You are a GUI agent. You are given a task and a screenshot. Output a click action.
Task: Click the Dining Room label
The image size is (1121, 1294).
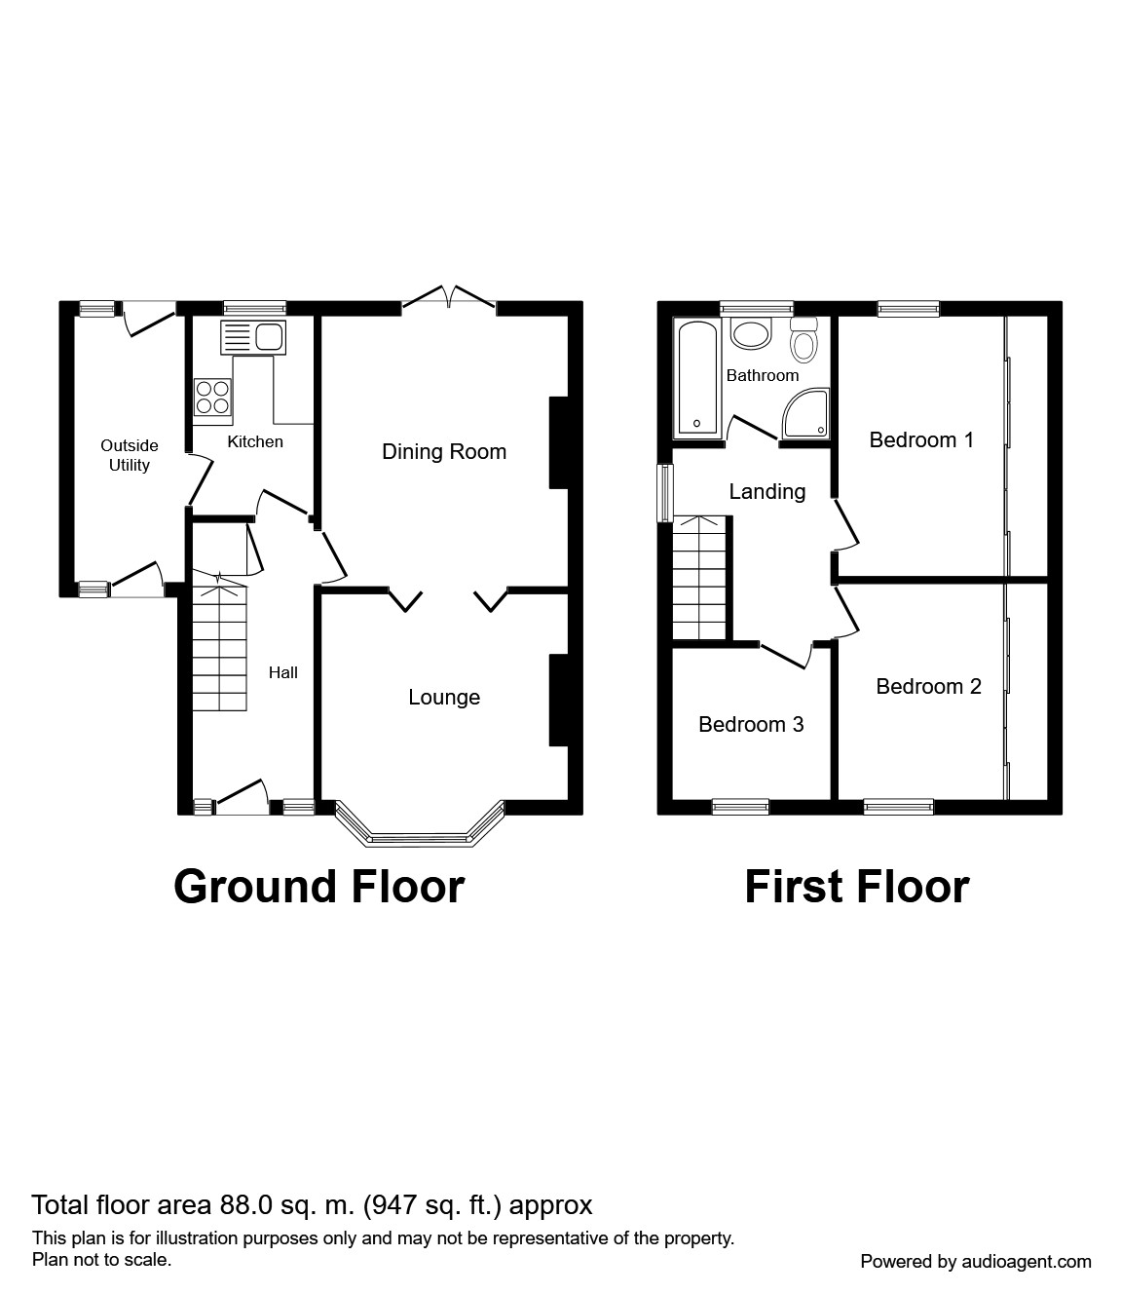[x=443, y=452]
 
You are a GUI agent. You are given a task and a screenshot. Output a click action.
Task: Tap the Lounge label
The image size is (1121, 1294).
[x=443, y=698]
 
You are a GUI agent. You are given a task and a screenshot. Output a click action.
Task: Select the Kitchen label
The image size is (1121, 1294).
[x=255, y=441]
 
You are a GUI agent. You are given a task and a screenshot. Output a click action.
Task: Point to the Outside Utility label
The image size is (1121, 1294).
[x=129, y=455]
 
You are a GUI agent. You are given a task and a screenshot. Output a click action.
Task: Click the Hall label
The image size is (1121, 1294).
[x=283, y=672]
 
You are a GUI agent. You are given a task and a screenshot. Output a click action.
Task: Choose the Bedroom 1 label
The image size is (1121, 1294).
[x=920, y=440]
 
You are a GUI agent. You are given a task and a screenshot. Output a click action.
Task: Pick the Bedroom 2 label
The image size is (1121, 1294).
[x=928, y=687]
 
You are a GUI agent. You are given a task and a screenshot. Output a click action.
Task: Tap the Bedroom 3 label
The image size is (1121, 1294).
[x=751, y=725]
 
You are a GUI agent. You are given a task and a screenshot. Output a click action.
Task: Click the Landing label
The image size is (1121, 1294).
[x=767, y=492]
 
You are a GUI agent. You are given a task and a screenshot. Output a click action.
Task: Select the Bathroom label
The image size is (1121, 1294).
[x=762, y=375]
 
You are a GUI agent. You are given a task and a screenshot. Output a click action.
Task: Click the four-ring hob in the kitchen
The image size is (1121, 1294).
[x=213, y=399]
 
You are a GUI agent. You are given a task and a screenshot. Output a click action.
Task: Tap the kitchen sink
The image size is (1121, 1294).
[x=254, y=338]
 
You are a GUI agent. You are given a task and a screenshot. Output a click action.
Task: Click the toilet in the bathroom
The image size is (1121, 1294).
[x=803, y=340]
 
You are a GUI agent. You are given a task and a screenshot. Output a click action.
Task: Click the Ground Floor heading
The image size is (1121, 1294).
[x=318, y=887]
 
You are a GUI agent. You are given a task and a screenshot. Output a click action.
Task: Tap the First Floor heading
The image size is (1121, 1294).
[x=856, y=887]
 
